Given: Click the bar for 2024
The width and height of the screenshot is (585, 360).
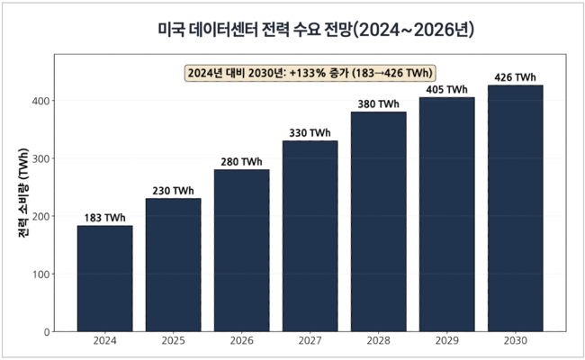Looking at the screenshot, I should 104,278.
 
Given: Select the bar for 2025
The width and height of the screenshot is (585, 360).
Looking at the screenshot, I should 173,265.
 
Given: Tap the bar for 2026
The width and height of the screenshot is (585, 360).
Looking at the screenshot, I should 241,250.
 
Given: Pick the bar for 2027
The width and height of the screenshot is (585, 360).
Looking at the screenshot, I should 310,236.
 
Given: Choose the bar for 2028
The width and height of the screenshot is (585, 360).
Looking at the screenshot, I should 378,221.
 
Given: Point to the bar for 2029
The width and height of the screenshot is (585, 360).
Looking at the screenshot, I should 446,214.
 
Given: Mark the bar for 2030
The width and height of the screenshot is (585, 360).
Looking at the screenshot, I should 515,208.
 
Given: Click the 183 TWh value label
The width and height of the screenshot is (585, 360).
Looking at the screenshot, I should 104,218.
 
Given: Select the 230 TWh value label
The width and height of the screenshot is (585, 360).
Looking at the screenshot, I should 173,191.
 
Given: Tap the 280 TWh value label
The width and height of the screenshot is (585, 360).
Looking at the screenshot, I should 241,162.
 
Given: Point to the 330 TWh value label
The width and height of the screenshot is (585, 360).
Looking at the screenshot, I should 310,133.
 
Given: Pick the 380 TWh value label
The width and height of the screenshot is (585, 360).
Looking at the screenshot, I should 378,104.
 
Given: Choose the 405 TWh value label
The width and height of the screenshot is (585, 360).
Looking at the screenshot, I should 446,90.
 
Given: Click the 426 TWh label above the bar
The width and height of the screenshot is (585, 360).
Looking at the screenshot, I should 515,77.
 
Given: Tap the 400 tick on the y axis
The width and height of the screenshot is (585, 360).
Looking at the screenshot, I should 39,101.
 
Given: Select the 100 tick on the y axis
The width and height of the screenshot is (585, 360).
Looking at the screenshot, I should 39,274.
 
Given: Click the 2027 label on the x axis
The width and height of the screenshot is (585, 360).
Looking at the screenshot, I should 310,342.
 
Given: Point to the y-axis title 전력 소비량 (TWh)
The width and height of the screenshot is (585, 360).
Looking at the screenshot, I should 21,193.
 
